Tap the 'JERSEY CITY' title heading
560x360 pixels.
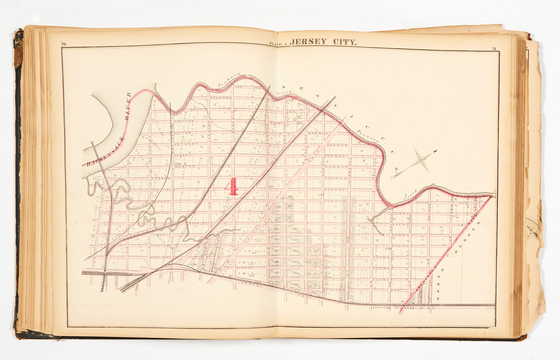coord(323,42)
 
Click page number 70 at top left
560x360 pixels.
coord(64,44)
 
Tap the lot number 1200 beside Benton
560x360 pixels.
coord(178,164)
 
